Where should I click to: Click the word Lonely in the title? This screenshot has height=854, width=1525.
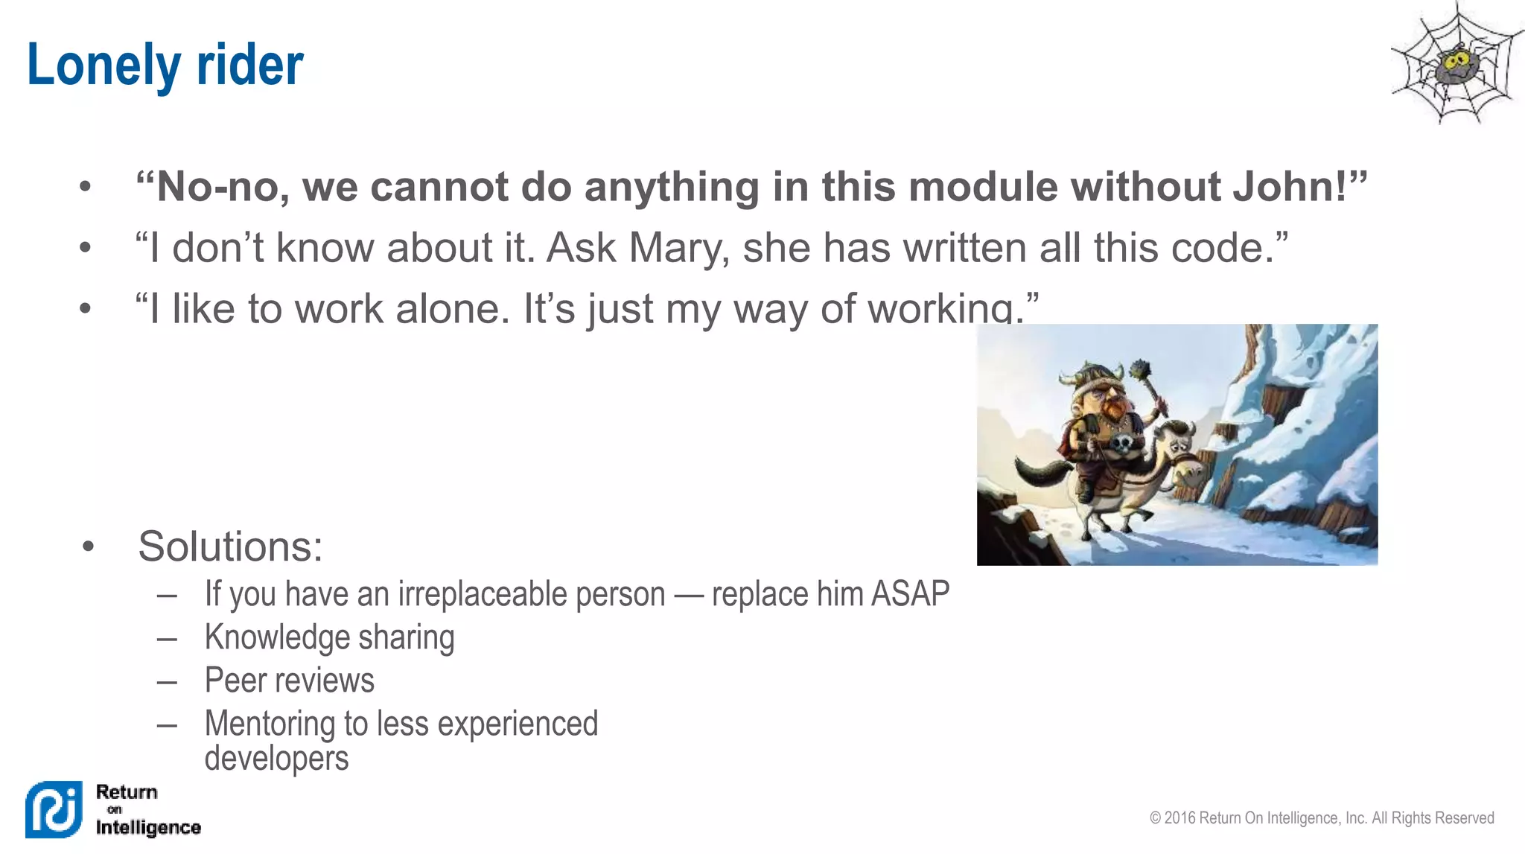pos(103,66)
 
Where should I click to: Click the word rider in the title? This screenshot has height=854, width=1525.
pos(249,66)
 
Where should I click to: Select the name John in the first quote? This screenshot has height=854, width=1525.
pos(1288,186)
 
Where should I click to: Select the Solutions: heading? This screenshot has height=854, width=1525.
pos(230,547)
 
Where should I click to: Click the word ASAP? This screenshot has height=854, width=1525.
pos(910,594)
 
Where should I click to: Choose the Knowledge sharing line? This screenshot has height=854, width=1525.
pos(329,637)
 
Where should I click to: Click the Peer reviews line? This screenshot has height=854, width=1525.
pos(289,681)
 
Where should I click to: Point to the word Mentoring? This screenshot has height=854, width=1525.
pos(270,724)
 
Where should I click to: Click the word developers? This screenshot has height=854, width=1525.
pos(276,758)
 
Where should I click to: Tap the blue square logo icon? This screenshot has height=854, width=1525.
pos(54,809)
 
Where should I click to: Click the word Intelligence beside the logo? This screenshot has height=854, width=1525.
pos(148,827)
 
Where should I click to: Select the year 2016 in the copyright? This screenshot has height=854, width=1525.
pos(1180,818)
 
